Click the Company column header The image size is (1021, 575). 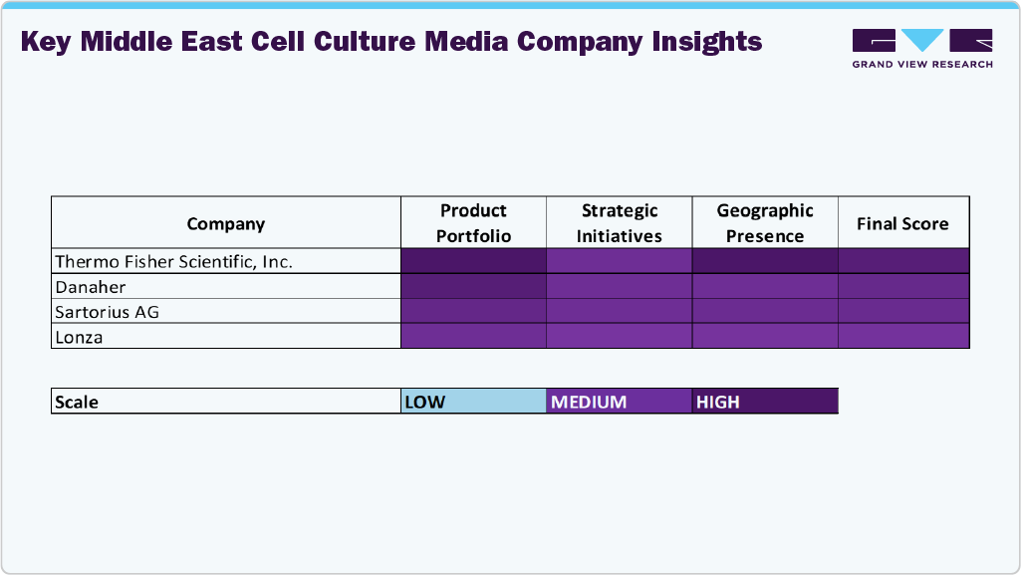pos(226,223)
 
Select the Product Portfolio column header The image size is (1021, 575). pos(474,223)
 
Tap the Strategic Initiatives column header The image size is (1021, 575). pos(620,223)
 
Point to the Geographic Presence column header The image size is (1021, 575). pos(765,223)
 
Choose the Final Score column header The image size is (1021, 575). pos(902,223)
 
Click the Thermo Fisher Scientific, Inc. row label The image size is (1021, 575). pos(174,261)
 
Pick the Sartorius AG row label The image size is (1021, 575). pos(108,311)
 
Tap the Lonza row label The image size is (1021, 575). pos(80,337)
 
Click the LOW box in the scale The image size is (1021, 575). pos(474,402)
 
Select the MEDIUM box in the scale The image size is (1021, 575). pos(620,402)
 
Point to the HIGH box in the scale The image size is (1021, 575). pos(765,402)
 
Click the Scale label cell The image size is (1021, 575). pos(226,402)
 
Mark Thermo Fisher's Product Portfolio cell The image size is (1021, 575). pos(474,261)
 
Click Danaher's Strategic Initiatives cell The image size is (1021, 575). pos(620,286)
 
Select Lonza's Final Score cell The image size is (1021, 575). pos(903,337)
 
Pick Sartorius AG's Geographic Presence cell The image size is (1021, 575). pos(765,311)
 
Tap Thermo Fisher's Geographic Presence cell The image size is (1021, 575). pos(765,261)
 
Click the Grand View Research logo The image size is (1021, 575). pos(922,48)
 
